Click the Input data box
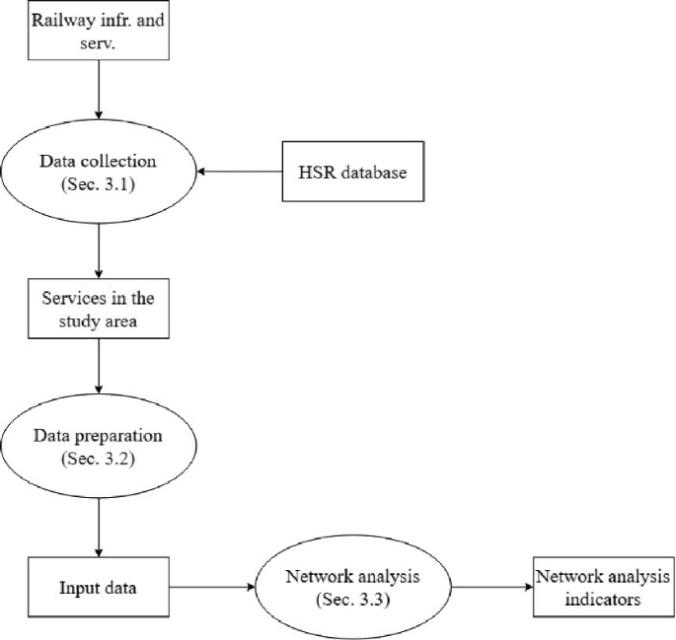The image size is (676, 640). pos(100,589)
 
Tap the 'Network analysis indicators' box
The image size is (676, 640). pos(602,589)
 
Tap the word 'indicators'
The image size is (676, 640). pos(602,600)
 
